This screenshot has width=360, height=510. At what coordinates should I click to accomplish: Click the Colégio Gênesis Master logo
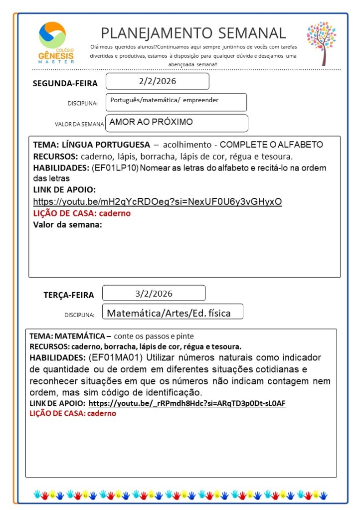[56, 42]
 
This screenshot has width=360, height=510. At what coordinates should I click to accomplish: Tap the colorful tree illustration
[322, 42]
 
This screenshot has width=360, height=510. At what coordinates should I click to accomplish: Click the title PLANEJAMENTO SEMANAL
[193, 33]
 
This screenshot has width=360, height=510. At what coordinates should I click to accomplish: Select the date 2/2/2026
[158, 81]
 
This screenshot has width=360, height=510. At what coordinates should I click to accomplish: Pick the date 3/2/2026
[154, 293]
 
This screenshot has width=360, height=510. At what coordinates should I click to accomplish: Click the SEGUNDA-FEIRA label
[65, 83]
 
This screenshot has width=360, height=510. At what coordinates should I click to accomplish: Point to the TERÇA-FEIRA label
[69, 295]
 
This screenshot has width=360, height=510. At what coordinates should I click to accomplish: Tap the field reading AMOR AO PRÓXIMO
[151, 122]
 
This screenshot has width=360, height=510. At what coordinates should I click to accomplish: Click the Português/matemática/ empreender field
[165, 100]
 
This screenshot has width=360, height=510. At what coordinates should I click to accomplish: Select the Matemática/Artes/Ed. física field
[169, 313]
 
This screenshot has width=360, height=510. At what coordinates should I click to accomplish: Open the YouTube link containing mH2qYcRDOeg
[158, 202]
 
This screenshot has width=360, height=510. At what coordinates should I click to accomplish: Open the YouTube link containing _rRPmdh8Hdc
[187, 403]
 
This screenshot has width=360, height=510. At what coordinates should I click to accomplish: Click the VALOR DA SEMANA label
[79, 124]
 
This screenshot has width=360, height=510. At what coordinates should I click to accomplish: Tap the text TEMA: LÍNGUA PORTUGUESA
[91, 145]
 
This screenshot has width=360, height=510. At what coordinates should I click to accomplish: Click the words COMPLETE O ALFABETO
[271, 145]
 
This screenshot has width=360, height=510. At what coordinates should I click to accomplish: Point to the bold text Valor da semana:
[67, 224]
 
